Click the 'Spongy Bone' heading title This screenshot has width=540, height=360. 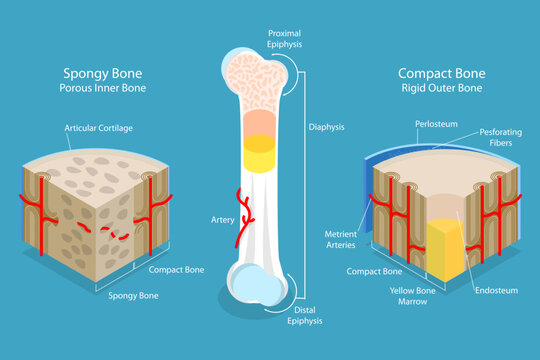point(103,72)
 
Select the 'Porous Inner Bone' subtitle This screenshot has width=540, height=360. point(103,89)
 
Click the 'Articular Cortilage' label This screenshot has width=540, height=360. point(100,129)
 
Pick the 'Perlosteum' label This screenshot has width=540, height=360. point(436,123)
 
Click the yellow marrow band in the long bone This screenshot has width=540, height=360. point(260,140)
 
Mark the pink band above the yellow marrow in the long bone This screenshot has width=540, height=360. point(260,119)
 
